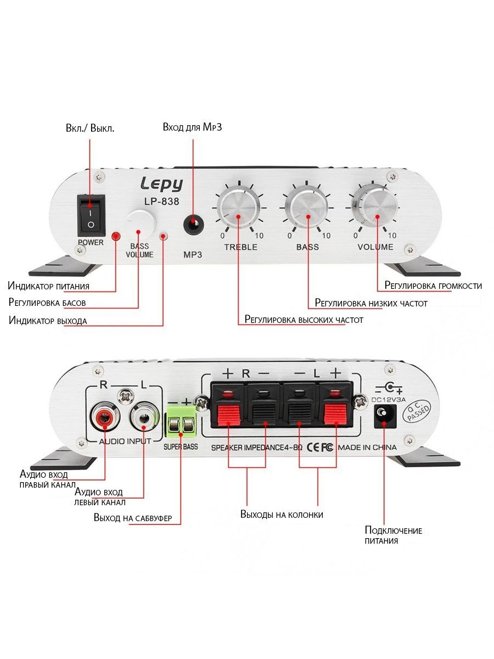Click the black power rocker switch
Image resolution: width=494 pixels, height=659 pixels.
tap(91, 214)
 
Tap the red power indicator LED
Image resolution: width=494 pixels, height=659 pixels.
tap(116, 236)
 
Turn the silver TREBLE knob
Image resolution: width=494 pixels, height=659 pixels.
tap(239, 211)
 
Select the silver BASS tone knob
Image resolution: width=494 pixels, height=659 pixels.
tap(308, 211)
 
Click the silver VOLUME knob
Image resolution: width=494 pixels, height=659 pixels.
tap(377, 210)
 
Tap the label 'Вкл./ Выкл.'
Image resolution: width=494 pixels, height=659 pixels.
tap(91, 129)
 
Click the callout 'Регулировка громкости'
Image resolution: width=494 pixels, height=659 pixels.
tap(433, 286)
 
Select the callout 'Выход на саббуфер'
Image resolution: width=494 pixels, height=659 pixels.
tap(133, 518)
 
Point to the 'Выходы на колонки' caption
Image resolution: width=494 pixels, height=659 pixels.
tap(282, 515)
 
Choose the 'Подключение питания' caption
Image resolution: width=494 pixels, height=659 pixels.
tap(393, 535)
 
